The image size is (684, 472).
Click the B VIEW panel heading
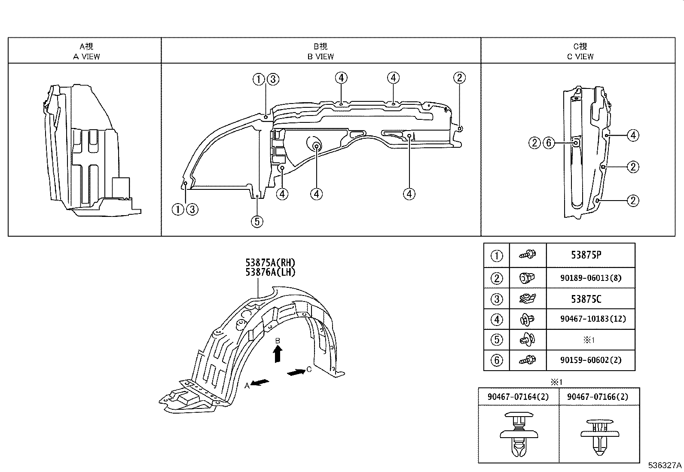click(321, 51)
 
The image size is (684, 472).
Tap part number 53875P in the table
click(586, 255)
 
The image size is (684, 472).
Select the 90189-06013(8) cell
click(590, 278)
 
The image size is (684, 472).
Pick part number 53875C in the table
click(586, 299)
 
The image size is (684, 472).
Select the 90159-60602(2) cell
click(590, 360)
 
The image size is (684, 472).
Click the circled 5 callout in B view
click(256, 222)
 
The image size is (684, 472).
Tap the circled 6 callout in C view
click(549, 143)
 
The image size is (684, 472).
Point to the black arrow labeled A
click(261, 382)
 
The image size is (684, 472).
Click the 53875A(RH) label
click(270, 262)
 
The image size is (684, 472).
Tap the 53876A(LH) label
click(270, 272)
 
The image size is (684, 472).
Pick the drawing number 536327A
click(665, 466)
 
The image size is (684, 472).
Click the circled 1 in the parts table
click(496, 256)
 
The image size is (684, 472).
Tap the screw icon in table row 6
click(528, 360)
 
